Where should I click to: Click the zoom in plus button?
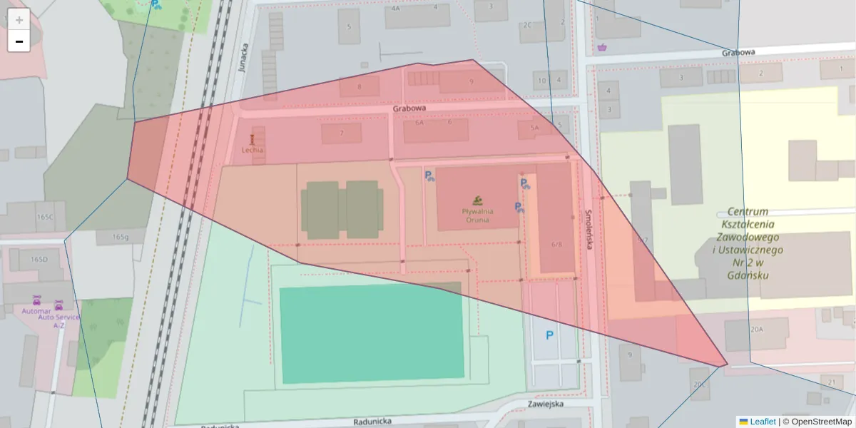[19, 19]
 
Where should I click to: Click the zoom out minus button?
[19, 41]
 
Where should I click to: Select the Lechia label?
[252, 150]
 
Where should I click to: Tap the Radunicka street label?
[372, 422]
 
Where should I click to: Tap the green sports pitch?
[371, 333]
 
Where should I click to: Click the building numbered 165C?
[45, 216]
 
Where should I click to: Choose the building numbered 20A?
[756, 330]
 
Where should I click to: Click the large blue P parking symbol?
[549, 335]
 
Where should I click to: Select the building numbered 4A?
[395, 9]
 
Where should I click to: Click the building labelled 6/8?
[556, 243]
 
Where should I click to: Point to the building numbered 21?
[832, 382]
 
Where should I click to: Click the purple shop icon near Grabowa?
[603, 48]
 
